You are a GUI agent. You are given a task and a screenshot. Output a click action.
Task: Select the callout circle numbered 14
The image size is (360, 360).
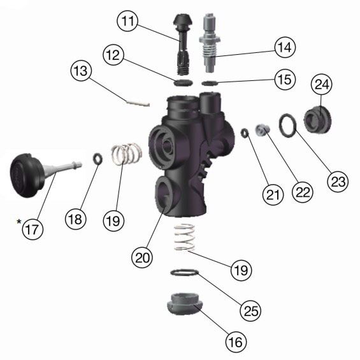click(286, 47)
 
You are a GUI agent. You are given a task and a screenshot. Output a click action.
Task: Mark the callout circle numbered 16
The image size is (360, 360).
click(236, 342)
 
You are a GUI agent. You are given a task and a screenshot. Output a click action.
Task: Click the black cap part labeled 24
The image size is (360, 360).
click(319, 120)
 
